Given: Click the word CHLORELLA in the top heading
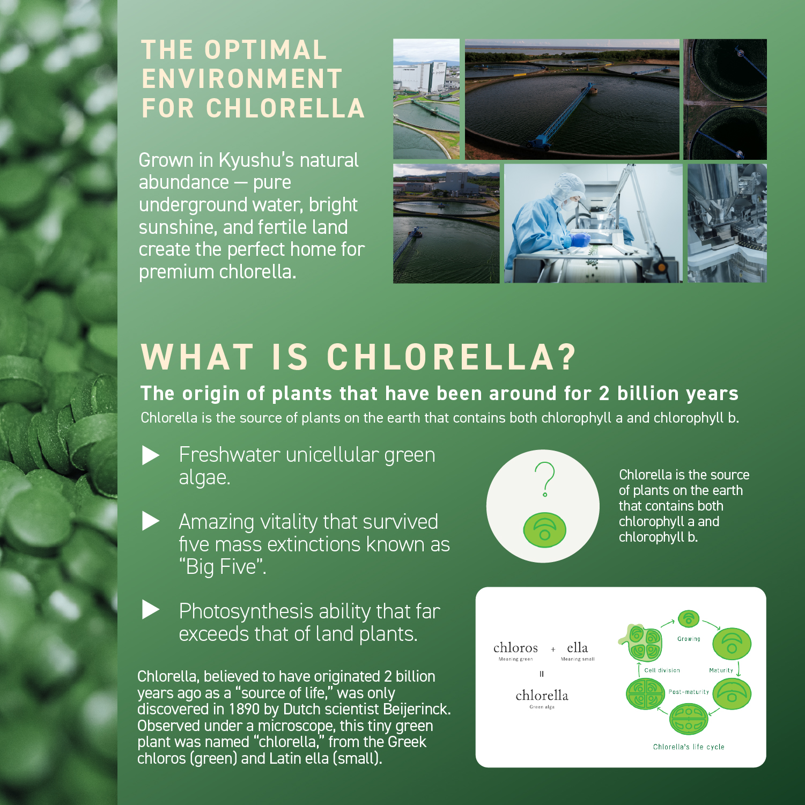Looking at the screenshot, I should tap(285, 108).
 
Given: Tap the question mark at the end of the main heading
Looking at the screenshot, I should tap(566, 357).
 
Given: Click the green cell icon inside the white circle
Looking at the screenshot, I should tap(544, 530).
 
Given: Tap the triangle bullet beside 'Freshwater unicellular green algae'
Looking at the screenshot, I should tap(151, 455).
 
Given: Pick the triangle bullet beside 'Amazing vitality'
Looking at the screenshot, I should tap(151, 521).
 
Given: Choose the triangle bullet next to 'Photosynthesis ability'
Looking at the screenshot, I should tap(151, 610).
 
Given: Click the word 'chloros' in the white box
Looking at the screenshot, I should tap(515, 648).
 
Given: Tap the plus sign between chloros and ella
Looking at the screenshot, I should tap(553, 649).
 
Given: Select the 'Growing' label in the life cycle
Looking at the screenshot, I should tap(689, 639).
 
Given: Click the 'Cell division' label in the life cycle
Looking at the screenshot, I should tap(662, 670).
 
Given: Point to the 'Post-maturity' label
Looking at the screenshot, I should tap(689, 692).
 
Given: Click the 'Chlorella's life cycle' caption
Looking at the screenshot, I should tap(689, 747).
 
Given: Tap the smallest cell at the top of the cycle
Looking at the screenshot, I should tap(689, 619).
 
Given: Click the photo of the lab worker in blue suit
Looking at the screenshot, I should tap(593, 223).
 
